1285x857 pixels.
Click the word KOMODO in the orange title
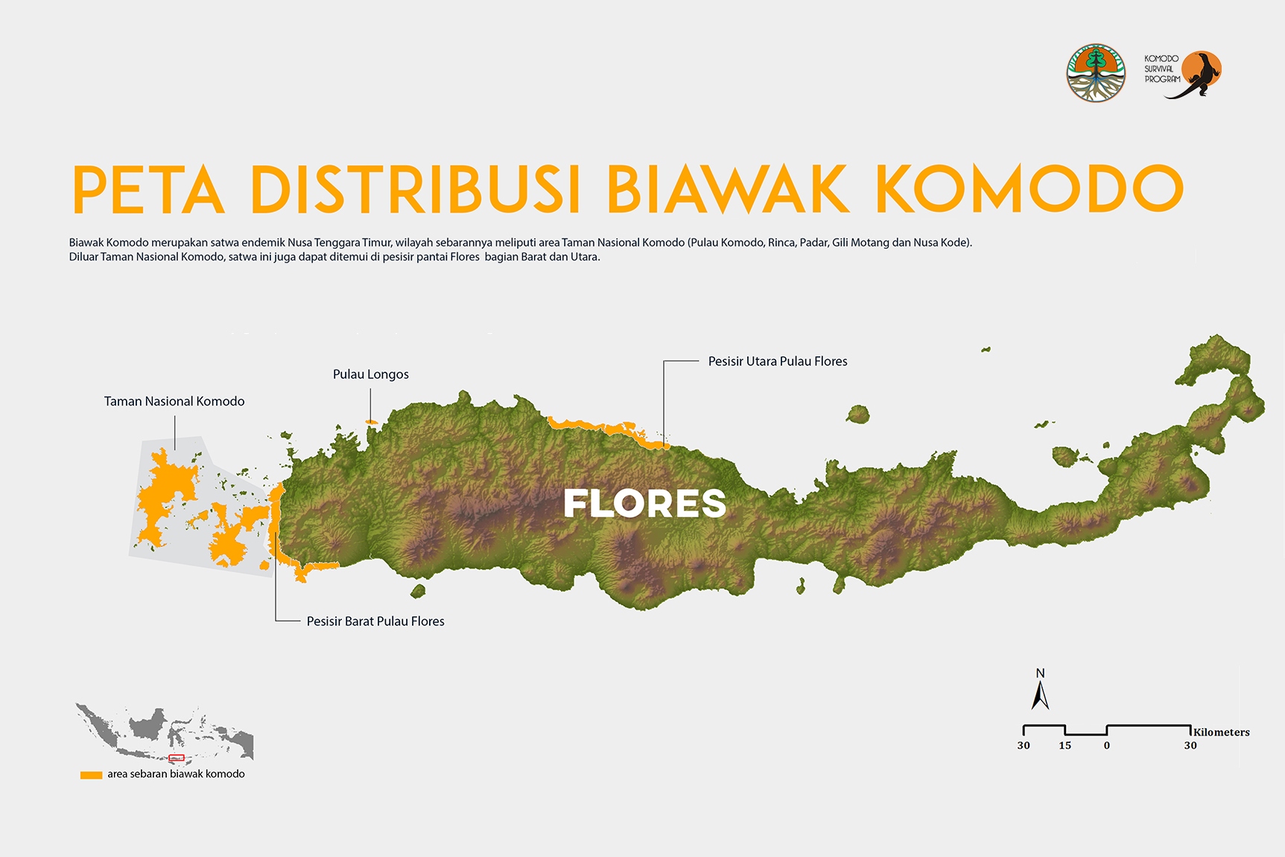click(1029, 189)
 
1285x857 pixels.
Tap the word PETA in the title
click(148, 189)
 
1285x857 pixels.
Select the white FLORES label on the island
click(644, 504)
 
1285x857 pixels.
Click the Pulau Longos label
click(370, 374)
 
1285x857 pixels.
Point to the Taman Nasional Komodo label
click(174, 401)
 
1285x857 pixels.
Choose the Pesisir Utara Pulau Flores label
click(777, 361)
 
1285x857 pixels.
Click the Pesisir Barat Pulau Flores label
click(375, 622)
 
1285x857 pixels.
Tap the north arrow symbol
click(1040, 696)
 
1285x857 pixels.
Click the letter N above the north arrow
click(1040, 674)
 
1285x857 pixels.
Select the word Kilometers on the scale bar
click(1221, 732)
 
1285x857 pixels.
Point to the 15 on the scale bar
click(1065, 745)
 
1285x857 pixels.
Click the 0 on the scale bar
click(1106, 745)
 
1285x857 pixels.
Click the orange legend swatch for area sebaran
click(91, 775)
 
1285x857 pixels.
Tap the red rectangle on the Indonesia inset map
click(177, 758)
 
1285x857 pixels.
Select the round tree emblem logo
click(1095, 73)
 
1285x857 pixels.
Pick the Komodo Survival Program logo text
click(1161, 69)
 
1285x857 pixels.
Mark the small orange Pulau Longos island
click(371, 423)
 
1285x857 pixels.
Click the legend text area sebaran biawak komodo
click(176, 774)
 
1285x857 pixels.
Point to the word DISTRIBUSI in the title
click(415, 189)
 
